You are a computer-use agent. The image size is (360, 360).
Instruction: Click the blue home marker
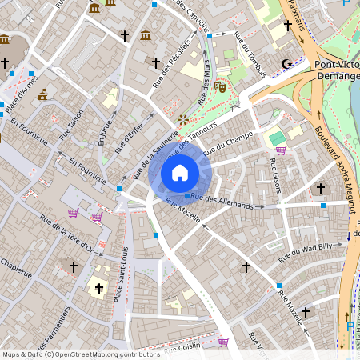pyautogui.click(x=180, y=173)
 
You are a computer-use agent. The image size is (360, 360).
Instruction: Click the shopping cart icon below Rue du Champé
pyautogui.click(x=281, y=150)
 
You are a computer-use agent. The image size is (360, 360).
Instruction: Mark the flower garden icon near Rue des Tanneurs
pyautogui.click(x=183, y=118)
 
